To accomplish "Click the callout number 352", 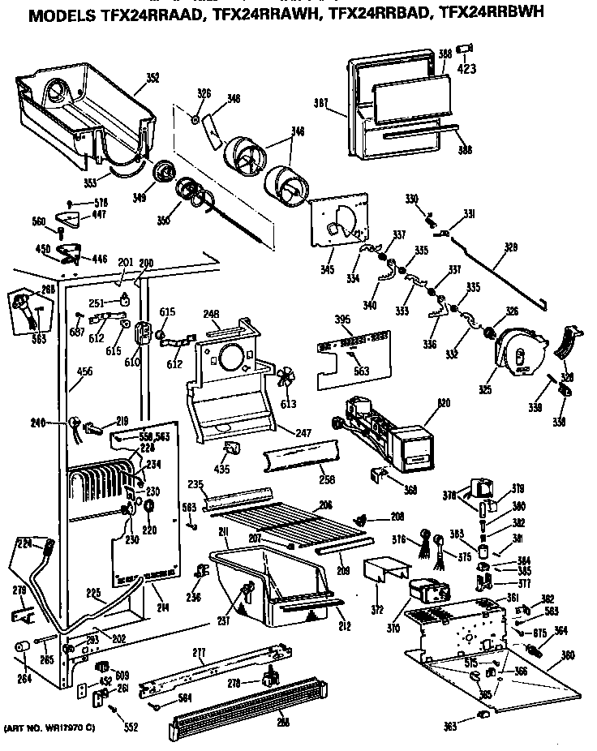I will [152, 79].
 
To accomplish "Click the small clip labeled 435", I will [230, 450].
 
